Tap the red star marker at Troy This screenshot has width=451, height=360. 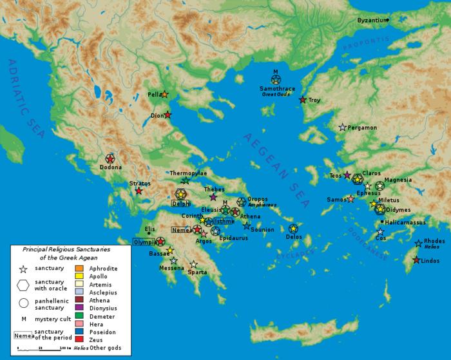click(x=303, y=100)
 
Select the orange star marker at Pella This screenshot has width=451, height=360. click(x=164, y=95)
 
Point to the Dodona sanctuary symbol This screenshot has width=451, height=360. click(x=110, y=158)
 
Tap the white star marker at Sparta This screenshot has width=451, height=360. click(x=194, y=264)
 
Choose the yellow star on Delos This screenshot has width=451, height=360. click(x=294, y=229)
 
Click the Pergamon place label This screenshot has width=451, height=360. click(x=362, y=128)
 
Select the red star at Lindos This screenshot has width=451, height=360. click(x=416, y=260)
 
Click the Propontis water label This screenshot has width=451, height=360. click(x=362, y=46)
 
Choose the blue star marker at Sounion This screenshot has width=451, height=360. click(x=247, y=225)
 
